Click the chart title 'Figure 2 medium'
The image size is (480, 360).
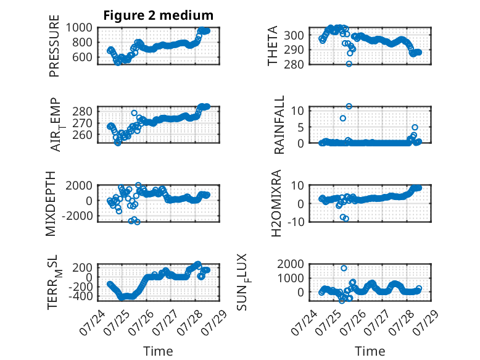(x=159, y=15)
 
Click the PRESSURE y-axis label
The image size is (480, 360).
(x=54, y=46)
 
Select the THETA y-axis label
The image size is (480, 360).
(x=272, y=46)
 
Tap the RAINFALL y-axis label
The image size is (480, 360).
(x=279, y=125)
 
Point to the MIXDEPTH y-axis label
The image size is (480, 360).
(x=51, y=204)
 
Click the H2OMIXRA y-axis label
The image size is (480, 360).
(x=276, y=203)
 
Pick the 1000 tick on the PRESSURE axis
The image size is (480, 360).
(x=79, y=28)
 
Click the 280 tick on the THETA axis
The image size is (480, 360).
(x=294, y=64)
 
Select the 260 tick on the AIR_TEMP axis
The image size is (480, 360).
(x=82, y=135)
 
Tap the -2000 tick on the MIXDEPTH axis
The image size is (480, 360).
(x=77, y=216)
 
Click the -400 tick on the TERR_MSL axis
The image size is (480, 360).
(x=80, y=296)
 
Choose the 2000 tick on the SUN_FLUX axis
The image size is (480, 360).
(x=291, y=264)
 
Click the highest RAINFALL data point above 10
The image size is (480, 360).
(x=349, y=106)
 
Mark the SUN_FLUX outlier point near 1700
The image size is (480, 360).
(x=344, y=268)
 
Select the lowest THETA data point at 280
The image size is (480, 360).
(x=349, y=64)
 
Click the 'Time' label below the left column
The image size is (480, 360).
(x=159, y=351)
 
